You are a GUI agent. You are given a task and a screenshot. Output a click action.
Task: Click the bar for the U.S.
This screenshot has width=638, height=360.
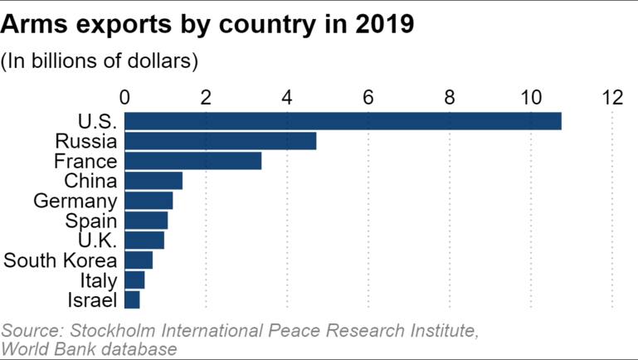pyautogui.click(x=343, y=121)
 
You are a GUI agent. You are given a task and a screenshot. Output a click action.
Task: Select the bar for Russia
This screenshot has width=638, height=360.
pyautogui.click(x=221, y=141)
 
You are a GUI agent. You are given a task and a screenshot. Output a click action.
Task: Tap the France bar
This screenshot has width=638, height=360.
pyautogui.click(x=193, y=161)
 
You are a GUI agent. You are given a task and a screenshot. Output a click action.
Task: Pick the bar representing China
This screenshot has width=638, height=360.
pyautogui.click(x=153, y=181)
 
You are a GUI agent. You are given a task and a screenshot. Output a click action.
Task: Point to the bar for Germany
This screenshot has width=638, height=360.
pyautogui.click(x=149, y=201)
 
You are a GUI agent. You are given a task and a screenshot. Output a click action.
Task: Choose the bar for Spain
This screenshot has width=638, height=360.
pyautogui.click(x=147, y=221)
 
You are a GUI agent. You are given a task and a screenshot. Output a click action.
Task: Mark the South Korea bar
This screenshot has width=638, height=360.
pyautogui.click(x=139, y=260)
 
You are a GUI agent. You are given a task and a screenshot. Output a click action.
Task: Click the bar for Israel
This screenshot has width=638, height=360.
pyautogui.click(x=132, y=300)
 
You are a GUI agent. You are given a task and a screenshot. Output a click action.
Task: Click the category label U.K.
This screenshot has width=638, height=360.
pyautogui.click(x=98, y=241)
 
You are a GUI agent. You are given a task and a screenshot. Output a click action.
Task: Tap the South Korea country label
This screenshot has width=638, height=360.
pyautogui.click(x=61, y=260)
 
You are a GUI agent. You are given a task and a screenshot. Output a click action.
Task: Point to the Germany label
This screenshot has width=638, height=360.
pyautogui.click(x=75, y=201)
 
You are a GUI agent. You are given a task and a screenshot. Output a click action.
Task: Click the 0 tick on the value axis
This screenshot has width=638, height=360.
pyautogui.click(x=125, y=97)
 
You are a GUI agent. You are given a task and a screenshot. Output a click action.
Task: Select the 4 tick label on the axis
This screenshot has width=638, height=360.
pyautogui.click(x=287, y=97)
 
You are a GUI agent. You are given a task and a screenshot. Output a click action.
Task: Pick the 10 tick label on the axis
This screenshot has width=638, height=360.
pyautogui.click(x=531, y=97)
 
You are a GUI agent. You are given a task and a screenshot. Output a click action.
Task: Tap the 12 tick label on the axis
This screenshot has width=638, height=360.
pyautogui.click(x=612, y=97)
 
